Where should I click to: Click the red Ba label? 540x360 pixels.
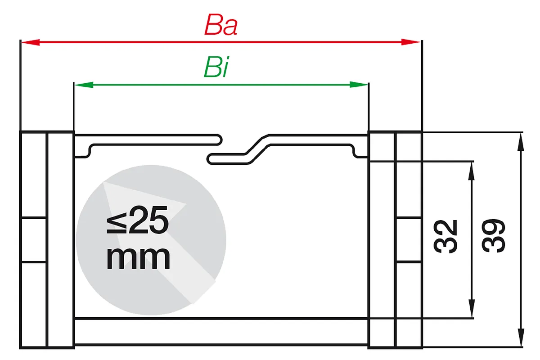[221, 25]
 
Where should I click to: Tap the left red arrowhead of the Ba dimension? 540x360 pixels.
[31, 42]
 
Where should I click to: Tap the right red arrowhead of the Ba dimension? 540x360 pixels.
[411, 42]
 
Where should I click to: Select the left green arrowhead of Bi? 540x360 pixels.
[84, 85]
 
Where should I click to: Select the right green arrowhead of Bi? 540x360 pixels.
[359, 85]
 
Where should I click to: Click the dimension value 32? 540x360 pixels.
[445, 237]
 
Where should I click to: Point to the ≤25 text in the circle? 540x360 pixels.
[137, 220]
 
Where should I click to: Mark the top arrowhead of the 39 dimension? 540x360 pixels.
[521, 142]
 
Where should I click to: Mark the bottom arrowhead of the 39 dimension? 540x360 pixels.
[521, 337]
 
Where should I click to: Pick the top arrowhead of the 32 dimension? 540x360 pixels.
[472, 171]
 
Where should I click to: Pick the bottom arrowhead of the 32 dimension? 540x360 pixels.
[472, 308]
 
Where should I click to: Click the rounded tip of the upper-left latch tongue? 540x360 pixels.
[221, 140]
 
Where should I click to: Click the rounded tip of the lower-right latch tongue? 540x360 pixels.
[208, 159]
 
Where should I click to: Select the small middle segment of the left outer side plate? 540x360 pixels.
[34, 240]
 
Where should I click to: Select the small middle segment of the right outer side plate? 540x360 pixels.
[409, 240]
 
